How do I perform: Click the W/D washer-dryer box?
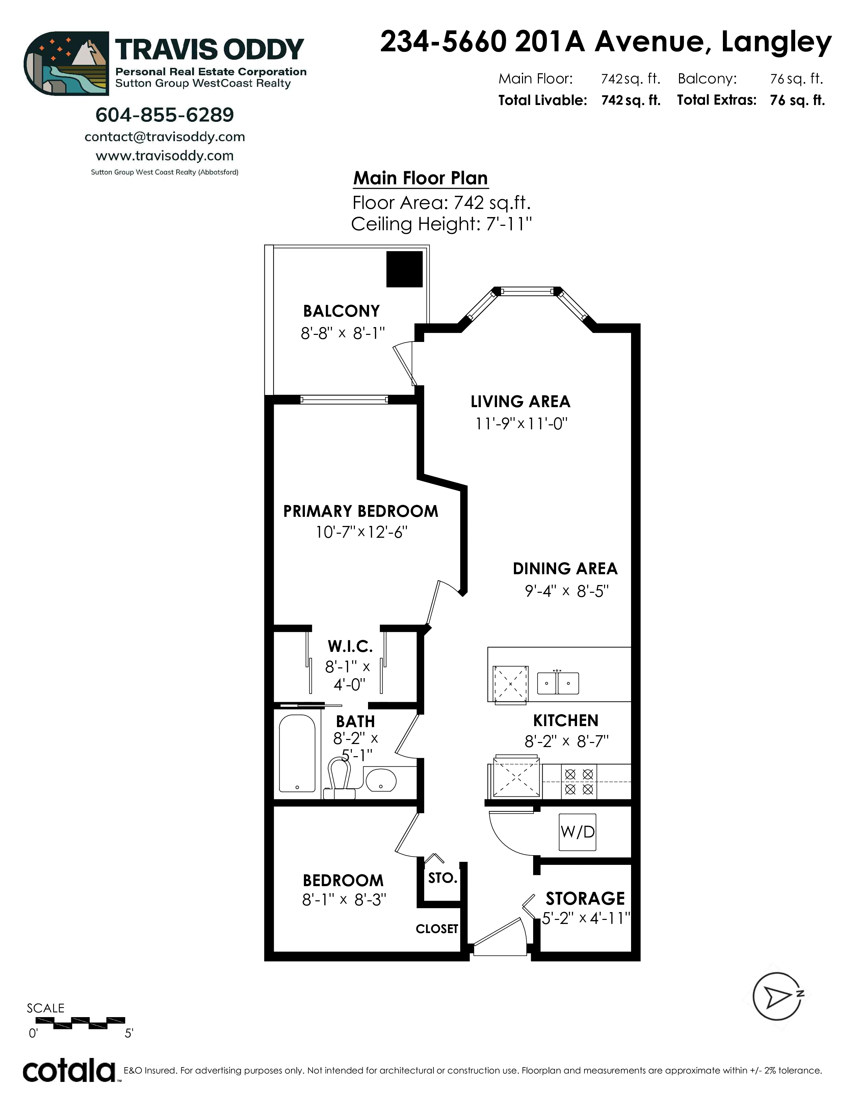click(577, 832)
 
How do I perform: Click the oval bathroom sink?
click(381, 779)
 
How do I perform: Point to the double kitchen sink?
click(558, 683)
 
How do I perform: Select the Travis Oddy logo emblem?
click(66, 63)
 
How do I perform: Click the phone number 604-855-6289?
click(165, 115)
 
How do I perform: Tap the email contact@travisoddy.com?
click(165, 137)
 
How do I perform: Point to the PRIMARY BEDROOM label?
click(361, 511)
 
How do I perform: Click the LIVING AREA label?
click(520, 401)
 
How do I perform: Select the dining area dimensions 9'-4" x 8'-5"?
click(567, 591)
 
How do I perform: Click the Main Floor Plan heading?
click(421, 178)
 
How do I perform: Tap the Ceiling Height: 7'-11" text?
click(442, 224)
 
